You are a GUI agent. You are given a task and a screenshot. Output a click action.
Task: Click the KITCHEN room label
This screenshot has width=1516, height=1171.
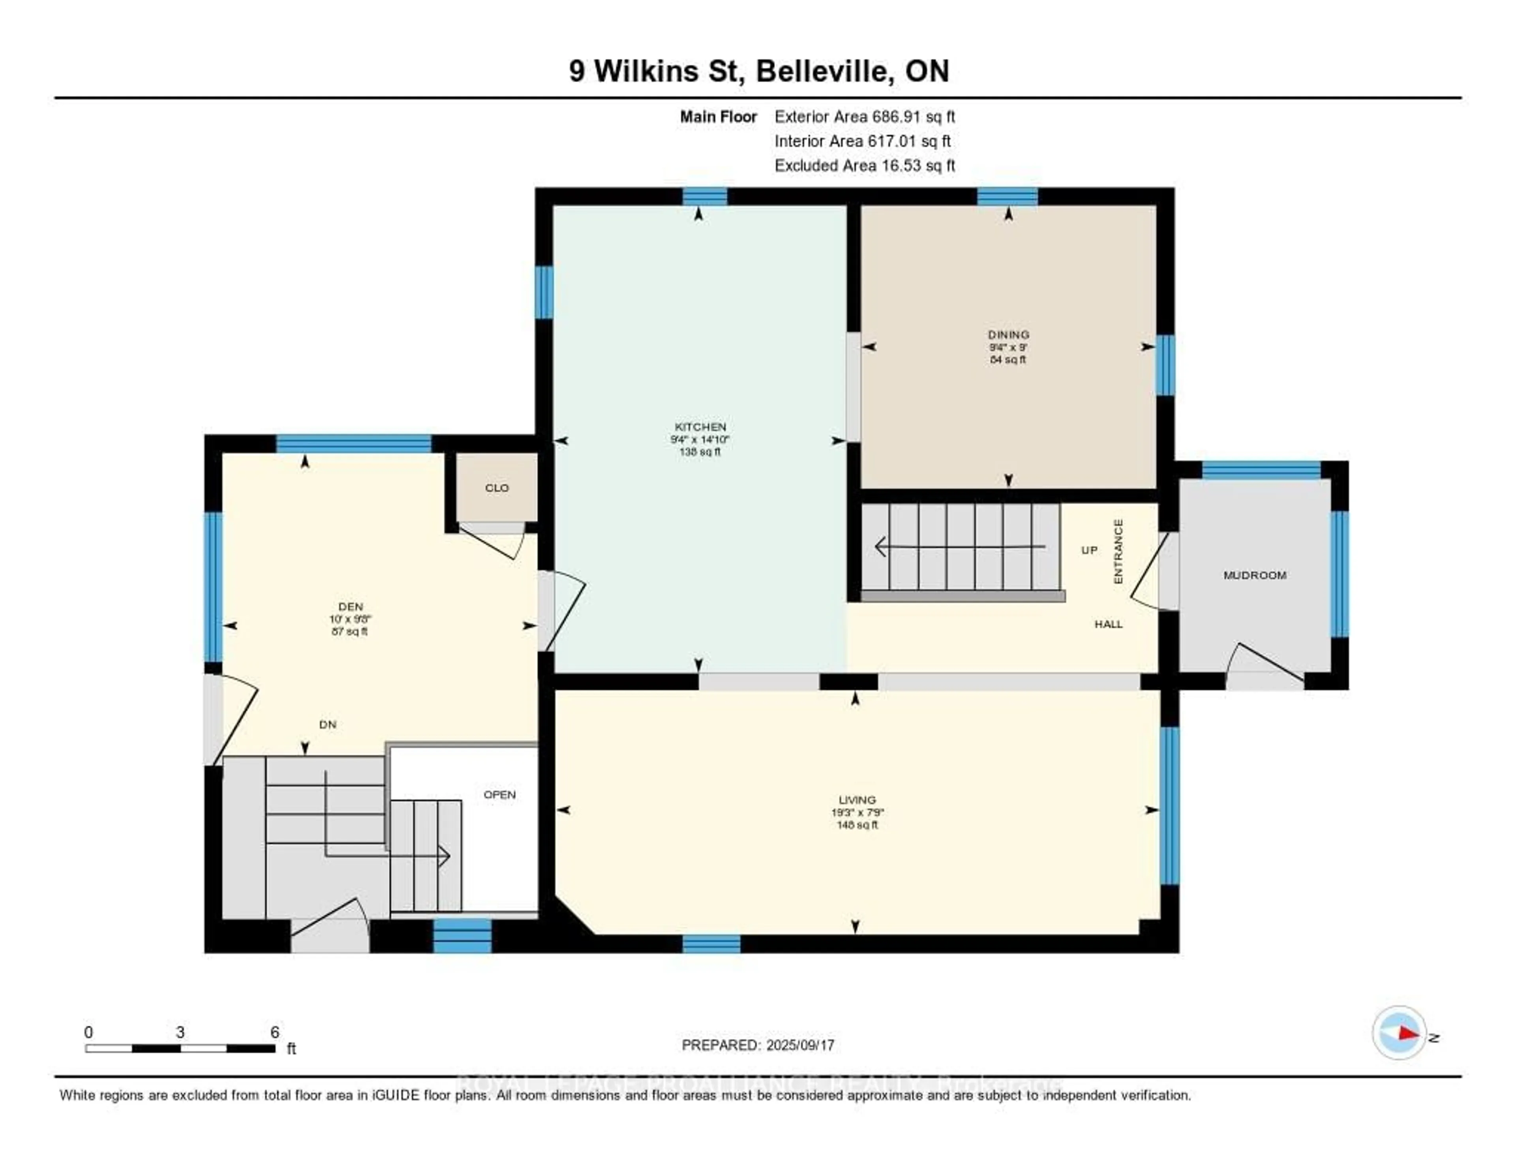click(700, 427)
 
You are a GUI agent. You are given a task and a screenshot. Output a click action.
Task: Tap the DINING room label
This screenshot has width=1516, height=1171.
click(1009, 334)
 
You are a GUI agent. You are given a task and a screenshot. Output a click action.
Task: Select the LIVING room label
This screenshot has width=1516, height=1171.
click(857, 799)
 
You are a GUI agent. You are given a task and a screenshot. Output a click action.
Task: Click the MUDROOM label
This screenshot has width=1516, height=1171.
click(1254, 575)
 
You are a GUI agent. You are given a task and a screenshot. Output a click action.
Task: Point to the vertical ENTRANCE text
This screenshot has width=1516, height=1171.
click(1118, 552)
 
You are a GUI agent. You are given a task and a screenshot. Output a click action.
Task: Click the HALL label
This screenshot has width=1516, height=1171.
click(1109, 624)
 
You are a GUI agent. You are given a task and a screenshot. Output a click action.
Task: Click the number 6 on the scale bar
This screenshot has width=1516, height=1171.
click(275, 1032)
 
